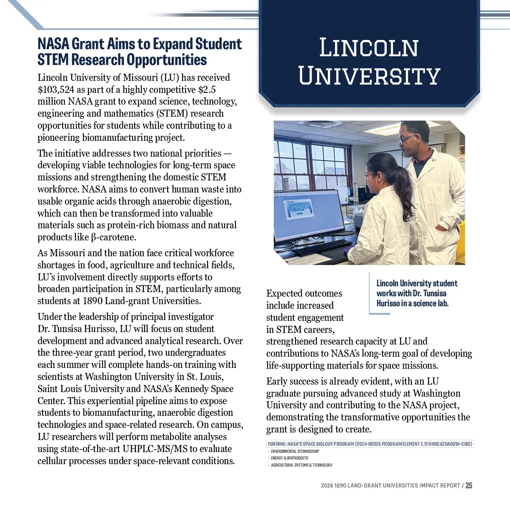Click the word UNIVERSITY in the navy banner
pos(369,76)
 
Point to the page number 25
pos(469,485)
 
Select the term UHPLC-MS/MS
pos(156,449)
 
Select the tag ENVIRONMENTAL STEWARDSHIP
pos(295,451)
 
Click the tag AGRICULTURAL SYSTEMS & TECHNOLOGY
pos(302,465)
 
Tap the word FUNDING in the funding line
pos(277,444)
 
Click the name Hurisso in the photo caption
pos(388,304)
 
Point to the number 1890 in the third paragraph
pos(92,301)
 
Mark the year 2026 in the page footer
pos(327,486)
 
